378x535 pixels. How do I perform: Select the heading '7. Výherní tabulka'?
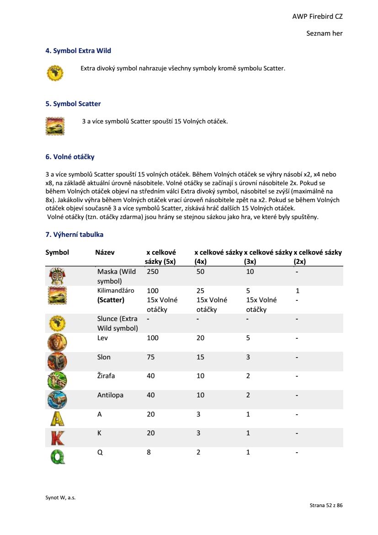[x=75, y=235]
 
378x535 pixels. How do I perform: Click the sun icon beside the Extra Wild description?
[x=55, y=73]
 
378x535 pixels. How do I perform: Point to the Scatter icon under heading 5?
[x=55, y=126]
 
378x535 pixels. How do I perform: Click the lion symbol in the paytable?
[x=57, y=342]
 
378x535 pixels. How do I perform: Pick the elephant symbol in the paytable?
[x=57, y=361]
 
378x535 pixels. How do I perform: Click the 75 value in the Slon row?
[x=151, y=357]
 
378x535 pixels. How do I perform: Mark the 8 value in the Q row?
[x=149, y=452]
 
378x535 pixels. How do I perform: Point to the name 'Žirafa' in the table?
[x=106, y=376]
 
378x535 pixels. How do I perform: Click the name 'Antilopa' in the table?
[x=110, y=395]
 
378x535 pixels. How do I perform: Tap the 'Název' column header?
[x=105, y=252]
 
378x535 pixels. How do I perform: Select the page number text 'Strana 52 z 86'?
[x=326, y=506]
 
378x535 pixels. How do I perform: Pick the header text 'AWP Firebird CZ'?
[x=318, y=16]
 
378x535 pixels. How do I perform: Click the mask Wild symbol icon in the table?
[x=57, y=276]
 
